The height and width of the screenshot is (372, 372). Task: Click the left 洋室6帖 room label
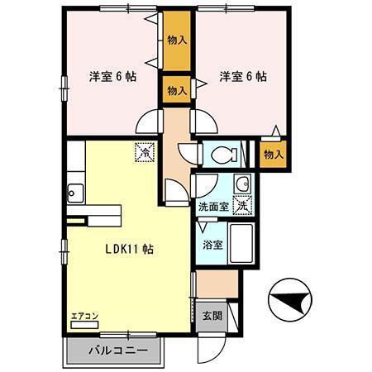112,76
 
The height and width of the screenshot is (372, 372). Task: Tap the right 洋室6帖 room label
243,76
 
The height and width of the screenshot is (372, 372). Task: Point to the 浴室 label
212,245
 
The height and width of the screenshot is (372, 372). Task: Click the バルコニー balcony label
119,351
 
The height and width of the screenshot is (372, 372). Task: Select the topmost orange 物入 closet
176,39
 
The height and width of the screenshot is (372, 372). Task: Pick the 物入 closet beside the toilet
274,153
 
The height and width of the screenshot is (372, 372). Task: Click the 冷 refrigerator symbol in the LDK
144,152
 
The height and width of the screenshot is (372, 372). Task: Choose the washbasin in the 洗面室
242,184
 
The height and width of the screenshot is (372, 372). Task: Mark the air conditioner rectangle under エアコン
85,325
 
